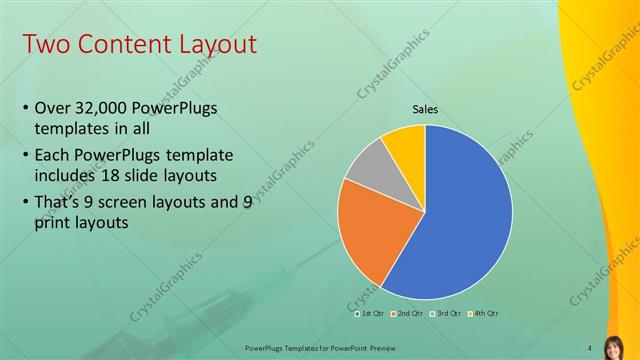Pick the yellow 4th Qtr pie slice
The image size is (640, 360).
406,145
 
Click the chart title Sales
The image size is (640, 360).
425,110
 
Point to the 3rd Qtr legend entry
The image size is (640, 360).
444,313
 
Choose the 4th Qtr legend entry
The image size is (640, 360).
482,313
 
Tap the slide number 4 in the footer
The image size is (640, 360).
590,347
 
